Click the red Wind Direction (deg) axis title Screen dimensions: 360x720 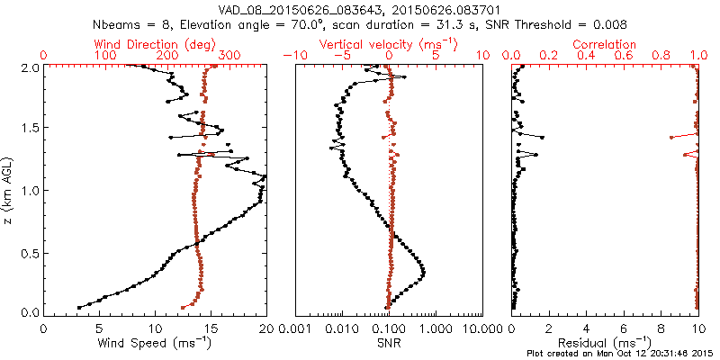click(x=156, y=44)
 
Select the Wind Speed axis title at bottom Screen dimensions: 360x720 click(x=156, y=343)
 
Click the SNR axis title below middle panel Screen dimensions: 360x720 click(x=389, y=343)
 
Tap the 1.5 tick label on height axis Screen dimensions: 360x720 click(x=29, y=129)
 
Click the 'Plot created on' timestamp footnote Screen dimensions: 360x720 click(x=621, y=353)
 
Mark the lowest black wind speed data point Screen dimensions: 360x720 click(x=79, y=308)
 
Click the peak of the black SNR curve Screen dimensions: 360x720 click(x=423, y=272)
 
